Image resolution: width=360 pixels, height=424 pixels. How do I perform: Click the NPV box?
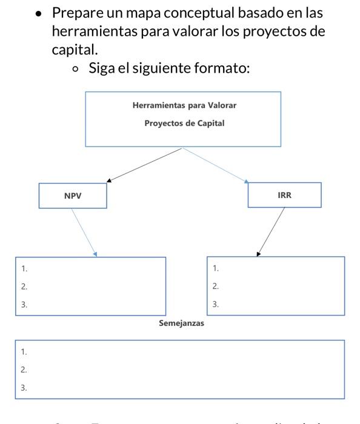pyautogui.click(x=73, y=196)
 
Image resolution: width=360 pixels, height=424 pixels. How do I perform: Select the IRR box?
pyautogui.click(x=284, y=196)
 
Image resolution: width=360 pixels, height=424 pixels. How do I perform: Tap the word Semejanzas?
pyautogui.click(x=181, y=323)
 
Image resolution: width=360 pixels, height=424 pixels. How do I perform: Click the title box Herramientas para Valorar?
pyautogui.click(x=182, y=119)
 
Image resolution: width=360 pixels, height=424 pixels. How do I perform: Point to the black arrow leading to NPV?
pyautogui.click(x=144, y=164)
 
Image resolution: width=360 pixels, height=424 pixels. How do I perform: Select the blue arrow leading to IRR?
pyautogui.click(x=215, y=164)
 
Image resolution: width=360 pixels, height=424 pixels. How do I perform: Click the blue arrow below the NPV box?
pyautogui.click(x=84, y=233)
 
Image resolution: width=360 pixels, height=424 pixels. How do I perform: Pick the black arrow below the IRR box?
pyautogui.click(x=271, y=233)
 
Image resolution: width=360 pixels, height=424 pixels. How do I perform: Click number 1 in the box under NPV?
pyautogui.click(x=24, y=268)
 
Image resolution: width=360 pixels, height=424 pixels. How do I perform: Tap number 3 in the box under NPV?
pyautogui.click(x=24, y=305)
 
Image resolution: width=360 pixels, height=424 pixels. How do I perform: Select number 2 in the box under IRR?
pyautogui.click(x=215, y=287)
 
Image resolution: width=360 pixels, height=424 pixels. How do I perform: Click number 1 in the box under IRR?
pyautogui.click(x=215, y=268)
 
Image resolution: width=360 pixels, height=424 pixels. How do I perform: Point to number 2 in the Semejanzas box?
pyautogui.click(x=24, y=369)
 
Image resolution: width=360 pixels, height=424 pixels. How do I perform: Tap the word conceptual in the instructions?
pyautogui.click(x=204, y=13)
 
